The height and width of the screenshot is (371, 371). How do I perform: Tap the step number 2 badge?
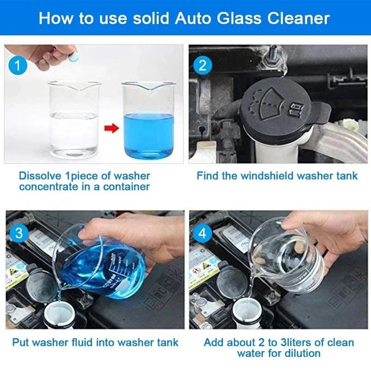pos(202,65)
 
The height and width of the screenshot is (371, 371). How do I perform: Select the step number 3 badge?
pos(18,232)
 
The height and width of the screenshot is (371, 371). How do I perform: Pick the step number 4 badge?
pos(202,232)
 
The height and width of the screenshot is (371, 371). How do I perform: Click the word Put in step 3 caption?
pos(21,343)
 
